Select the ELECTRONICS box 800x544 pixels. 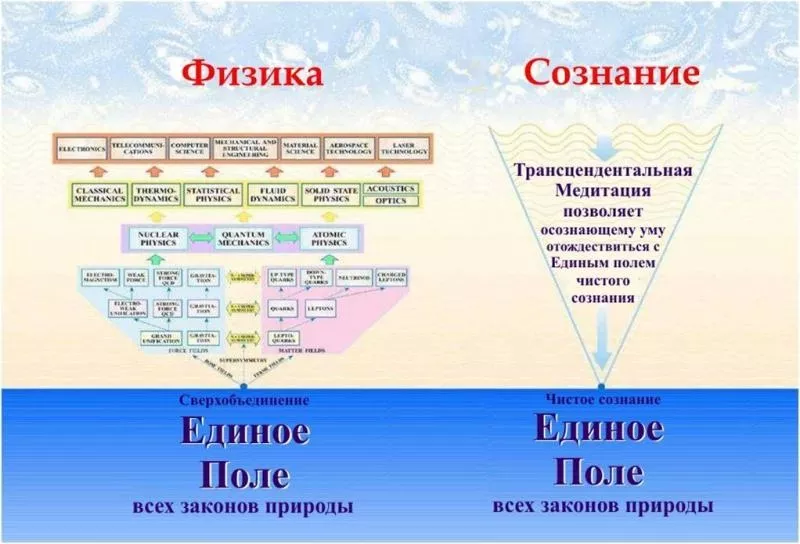pos(81,149)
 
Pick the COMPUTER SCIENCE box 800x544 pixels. pos(189,149)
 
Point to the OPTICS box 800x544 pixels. pos(389,201)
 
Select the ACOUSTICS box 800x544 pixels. pos(389,187)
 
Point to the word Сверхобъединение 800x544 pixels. pos(244,400)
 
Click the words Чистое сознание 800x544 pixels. pos(602,399)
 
